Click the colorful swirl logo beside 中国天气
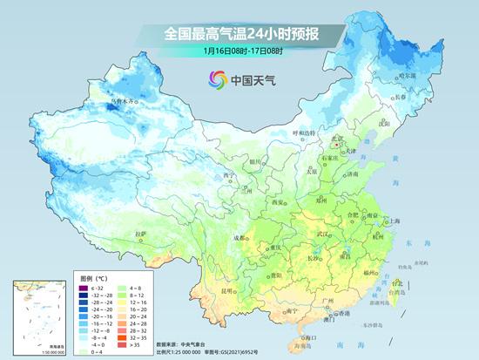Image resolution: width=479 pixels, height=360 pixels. coord(215,79)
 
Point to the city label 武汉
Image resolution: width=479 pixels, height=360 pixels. coord(324,234)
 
